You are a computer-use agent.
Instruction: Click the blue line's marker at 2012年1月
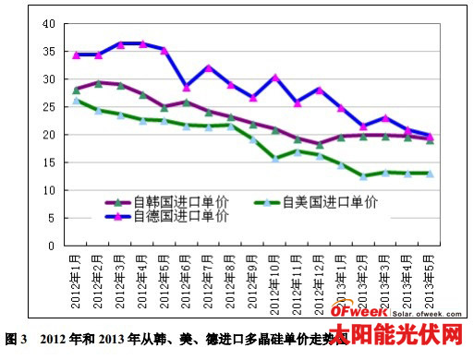(x=77, y=54)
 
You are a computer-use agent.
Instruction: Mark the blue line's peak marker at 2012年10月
(x=275, y=78)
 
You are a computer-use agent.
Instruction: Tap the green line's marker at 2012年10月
(x=275, y=158)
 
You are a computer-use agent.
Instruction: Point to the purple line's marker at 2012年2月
(x=99, y=83)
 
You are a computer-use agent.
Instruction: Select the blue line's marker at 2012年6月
(x=187, y=87)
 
